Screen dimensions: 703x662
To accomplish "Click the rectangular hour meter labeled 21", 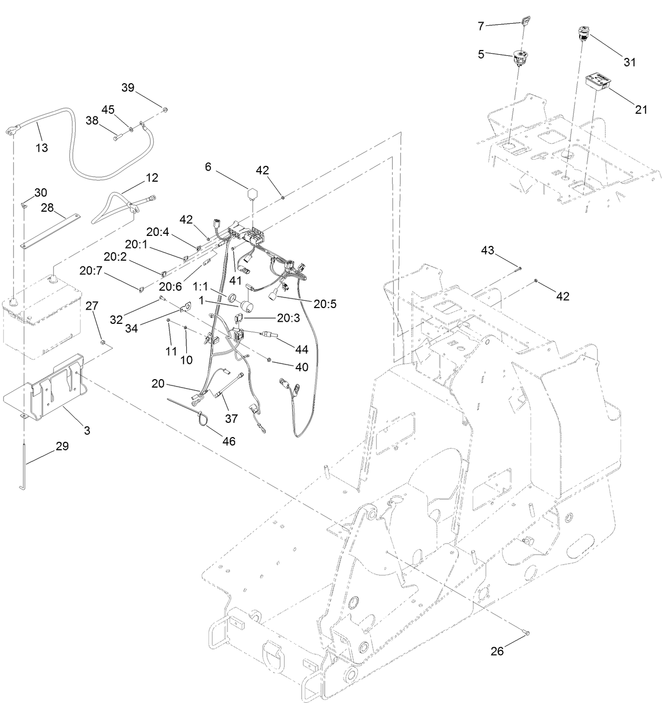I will click(599, 82).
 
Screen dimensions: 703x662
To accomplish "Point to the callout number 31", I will click(629, 62).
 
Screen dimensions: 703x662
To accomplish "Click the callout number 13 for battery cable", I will click(42, 148).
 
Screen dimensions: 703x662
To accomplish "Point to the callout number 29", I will click(62, 447).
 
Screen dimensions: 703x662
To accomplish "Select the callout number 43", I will click(487, 251).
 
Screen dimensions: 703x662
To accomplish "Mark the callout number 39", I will click(128, 87).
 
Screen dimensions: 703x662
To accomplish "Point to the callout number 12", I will click(152, 178).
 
